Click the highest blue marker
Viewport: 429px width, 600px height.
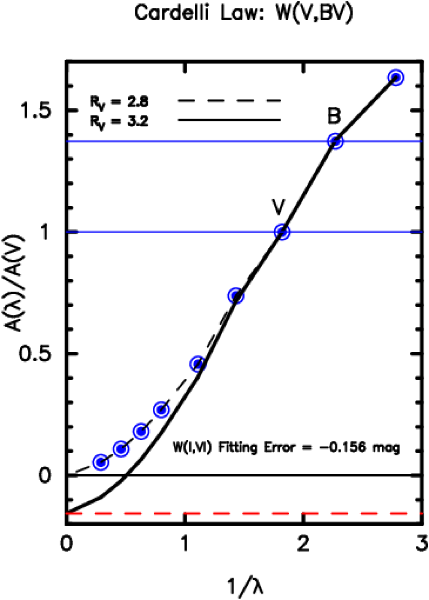396,78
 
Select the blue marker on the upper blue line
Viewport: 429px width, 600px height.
335,141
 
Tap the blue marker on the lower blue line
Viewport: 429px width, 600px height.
282,232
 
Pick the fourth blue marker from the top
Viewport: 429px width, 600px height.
236,295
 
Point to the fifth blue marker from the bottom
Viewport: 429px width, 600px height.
198,364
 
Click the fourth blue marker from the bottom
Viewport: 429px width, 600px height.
162,410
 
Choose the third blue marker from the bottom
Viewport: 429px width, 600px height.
141,431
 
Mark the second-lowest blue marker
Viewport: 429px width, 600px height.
121,449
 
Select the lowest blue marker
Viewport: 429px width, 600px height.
101,462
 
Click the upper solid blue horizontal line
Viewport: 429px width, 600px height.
193,141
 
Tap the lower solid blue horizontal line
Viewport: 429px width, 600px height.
172,232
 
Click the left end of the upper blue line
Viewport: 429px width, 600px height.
67,141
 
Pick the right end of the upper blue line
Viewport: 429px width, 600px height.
421,141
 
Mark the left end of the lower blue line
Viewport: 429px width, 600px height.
67,232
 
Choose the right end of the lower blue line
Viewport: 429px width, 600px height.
421,232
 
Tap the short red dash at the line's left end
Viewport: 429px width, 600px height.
74,513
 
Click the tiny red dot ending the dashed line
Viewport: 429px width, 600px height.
421,513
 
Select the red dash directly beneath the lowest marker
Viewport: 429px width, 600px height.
103,513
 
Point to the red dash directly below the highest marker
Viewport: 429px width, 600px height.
398,513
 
